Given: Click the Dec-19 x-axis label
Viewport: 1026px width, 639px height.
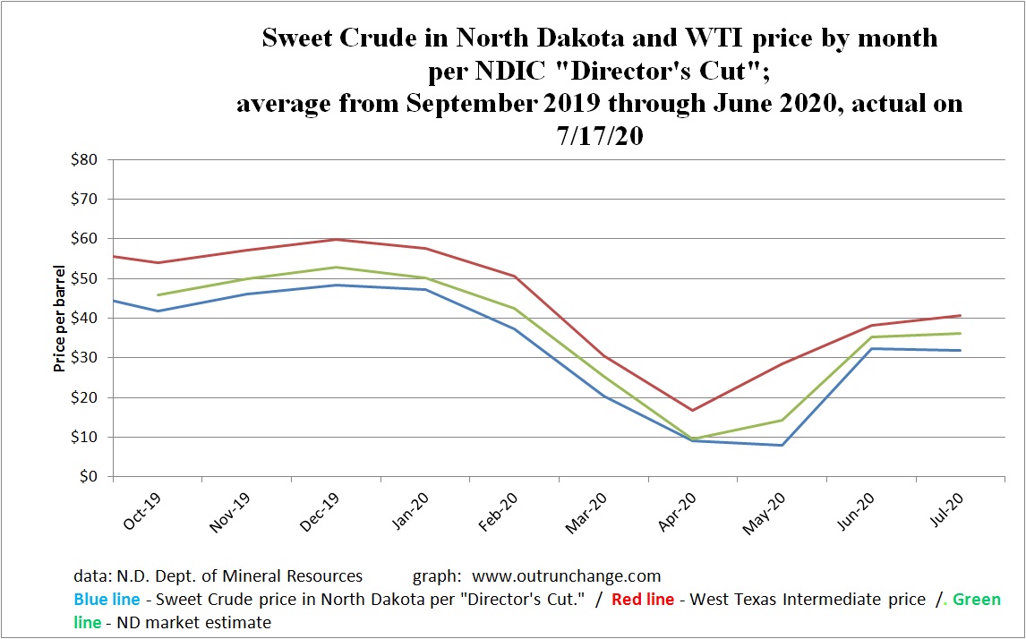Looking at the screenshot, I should pos(318,510).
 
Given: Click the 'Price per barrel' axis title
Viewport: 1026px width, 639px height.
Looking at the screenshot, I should pos(60,318).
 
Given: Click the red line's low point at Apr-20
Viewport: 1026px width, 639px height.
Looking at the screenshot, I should pos(692,410).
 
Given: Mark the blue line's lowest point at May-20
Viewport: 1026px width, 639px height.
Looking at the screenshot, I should pos(782,445).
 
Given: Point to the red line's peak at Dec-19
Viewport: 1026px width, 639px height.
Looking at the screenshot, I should pos(335,239).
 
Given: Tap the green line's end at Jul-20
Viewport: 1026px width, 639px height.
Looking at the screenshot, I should pos(961,334).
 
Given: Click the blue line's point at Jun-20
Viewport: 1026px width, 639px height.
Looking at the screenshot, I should pos(871,348).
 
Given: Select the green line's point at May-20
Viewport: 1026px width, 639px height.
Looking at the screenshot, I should pos(782,420).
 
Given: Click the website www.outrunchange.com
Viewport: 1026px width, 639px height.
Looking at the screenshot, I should pos(567,576).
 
